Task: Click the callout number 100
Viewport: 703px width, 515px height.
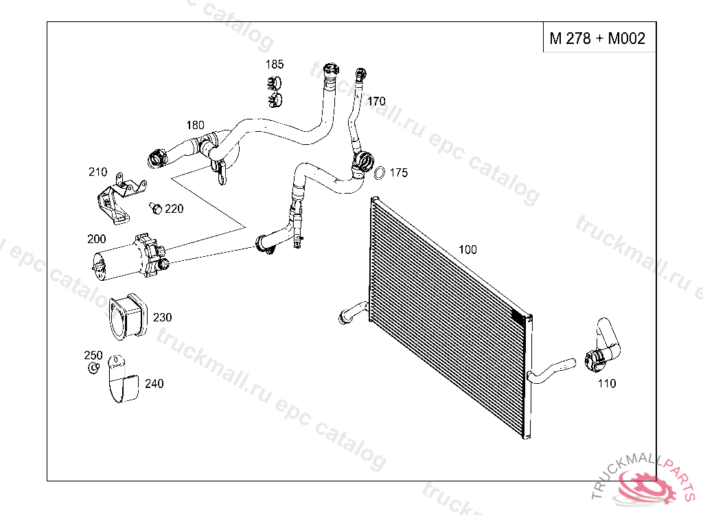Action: click(x=468, y=249)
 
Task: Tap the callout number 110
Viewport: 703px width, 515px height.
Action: click(x=606, y=383)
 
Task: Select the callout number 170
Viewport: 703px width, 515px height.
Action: click(x=376, y=101)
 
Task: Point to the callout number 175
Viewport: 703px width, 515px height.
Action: click(x=398, y=172)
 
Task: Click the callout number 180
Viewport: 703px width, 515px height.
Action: click(x=196, y=125)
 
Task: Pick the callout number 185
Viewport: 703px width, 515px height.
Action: click(x=275, y=65)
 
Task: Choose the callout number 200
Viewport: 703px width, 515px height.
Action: click(x=97, y=239)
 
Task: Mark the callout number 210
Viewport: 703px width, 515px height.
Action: click(x=98, y=172)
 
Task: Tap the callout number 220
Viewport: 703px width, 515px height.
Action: click(x=174, y=208)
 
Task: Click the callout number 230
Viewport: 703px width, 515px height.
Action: click(x=163, y=317)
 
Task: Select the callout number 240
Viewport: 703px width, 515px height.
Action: click(x=154, y=384)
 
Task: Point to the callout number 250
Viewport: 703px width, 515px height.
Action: click(x=93, y=355)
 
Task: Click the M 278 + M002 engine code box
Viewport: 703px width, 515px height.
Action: click(x=597, y=38)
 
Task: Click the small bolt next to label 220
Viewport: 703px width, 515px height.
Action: click(x=156, y=207)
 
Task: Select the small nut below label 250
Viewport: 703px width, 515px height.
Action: click(x=92, y=368)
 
